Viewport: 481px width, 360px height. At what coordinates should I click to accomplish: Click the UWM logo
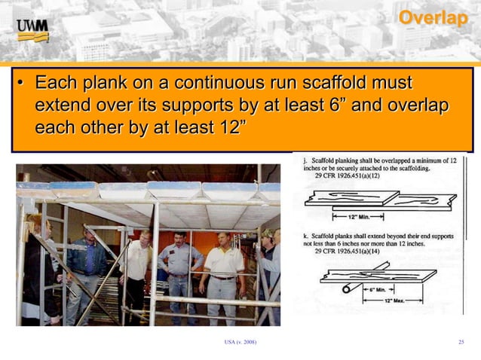(x=32, y=31)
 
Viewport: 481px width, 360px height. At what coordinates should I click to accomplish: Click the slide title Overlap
(x=432, y=18)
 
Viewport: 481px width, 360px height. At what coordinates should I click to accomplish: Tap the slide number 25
(x=461, y=343)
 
